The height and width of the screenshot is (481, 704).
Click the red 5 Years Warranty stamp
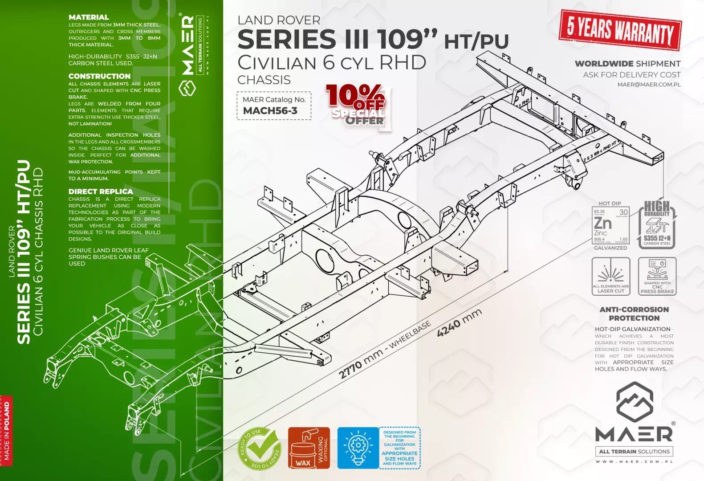(620, 30)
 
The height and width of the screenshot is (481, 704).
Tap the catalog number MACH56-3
(270, 111)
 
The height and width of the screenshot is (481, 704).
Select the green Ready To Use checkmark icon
(260, 448)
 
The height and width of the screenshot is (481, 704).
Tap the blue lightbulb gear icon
(358, 448)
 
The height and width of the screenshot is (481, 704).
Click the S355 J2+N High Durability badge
(657, 225)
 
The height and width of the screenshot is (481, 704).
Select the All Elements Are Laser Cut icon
(610, 276)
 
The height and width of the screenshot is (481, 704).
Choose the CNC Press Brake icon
(657, 276)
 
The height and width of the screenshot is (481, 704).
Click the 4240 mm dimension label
(459, 323)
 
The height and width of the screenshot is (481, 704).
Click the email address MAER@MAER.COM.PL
(649, 85)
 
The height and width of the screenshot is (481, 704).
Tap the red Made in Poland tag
(6, 430)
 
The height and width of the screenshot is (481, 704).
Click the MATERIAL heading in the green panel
(89, 17)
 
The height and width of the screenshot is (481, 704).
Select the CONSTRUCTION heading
(99, 76)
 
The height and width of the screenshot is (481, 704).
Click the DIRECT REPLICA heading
(101, 192)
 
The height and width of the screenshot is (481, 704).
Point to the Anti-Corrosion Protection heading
(634, 314)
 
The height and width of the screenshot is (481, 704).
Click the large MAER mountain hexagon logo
(634, 402)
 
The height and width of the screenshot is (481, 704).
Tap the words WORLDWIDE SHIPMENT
(627, 64)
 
